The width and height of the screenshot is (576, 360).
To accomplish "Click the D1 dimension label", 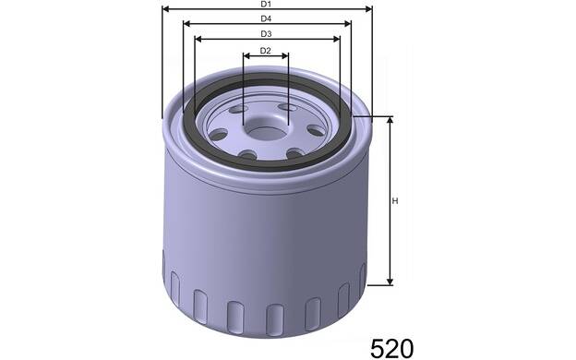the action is click(266, 4).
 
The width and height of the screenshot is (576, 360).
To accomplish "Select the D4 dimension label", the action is click(266, 18).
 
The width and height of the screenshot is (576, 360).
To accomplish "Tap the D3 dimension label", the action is click(266, 34).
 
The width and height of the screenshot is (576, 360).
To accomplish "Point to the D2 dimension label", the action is click(265, 51).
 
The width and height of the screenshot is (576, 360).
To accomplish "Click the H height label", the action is click(395, 201).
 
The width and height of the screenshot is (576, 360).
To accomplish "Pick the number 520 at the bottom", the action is click(392, 348).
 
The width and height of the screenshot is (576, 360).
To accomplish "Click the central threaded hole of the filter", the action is click(265, 129).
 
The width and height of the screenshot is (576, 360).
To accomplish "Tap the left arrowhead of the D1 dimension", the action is click(165, 9).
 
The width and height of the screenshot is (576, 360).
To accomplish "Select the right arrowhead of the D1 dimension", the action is click(369, 9).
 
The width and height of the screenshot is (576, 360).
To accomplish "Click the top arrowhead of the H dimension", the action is click(390, 120).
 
